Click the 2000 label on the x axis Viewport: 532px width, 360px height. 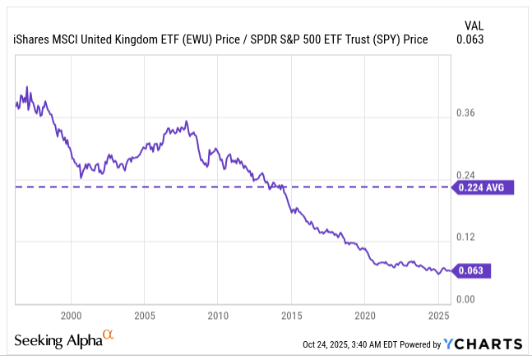71,316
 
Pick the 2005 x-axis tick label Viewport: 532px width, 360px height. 144,316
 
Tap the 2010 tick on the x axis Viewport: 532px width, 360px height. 218,316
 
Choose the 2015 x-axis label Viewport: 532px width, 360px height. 291,316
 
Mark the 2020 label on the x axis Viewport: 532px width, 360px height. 365,316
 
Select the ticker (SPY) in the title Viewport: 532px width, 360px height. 384,39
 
